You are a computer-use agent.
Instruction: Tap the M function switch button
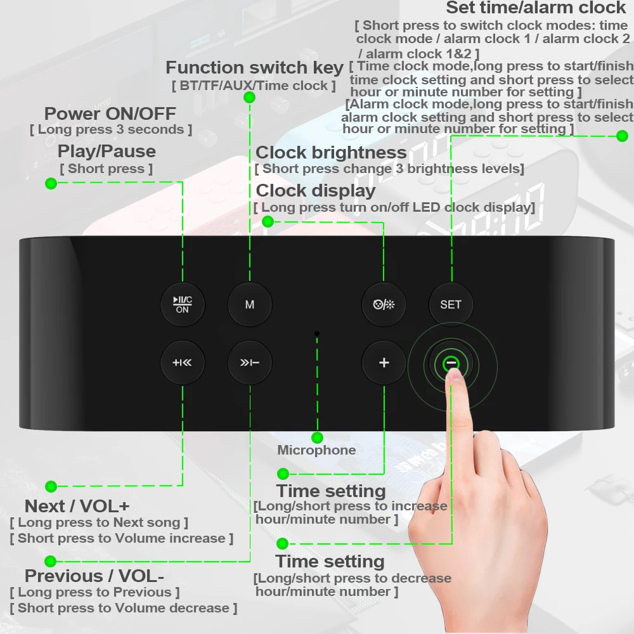(250, 304)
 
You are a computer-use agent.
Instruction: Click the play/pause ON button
(182, 304)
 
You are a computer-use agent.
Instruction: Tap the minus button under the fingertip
(451, 363)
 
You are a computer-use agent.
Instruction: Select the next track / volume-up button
(182, 363)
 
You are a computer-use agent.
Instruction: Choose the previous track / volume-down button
(250, 363)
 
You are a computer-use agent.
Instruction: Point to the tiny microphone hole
(317, 333)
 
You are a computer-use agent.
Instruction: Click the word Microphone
(316, 450)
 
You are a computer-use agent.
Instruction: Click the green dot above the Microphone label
(318, 437)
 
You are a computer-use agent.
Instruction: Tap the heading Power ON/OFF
(110, 114)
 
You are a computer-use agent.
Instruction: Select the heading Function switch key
(254, 67)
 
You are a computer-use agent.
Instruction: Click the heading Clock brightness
(331, 153)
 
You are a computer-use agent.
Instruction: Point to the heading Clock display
(316, 191)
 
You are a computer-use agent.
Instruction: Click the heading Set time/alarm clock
(536, 8)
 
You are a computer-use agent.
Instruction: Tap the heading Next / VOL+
(77, 506)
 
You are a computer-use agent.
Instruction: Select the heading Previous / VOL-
(94, 576)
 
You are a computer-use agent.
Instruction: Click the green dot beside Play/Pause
(51, 183)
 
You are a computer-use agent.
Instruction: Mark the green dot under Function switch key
(249, 97)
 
